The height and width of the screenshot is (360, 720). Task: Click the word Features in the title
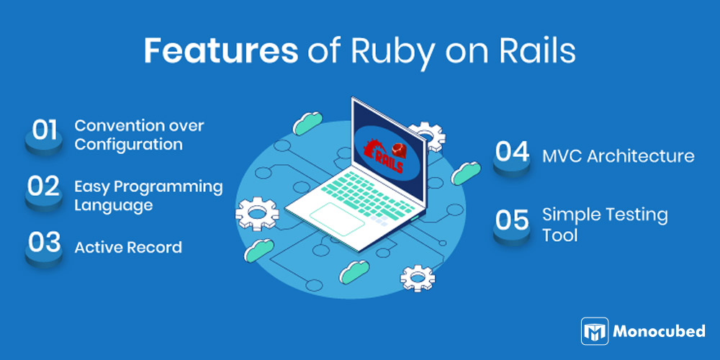click(221, 50)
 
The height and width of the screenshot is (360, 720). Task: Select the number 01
click(44, 130)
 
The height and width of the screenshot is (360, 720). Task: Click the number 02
click(44, 186)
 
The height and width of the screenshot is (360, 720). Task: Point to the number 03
click(44, 243)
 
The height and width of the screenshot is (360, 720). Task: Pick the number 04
click(512, 152)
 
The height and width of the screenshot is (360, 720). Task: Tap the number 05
click(512, 220)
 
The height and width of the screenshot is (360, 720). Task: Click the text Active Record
click(128, 248)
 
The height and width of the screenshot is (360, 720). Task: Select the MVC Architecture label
click(618, 156)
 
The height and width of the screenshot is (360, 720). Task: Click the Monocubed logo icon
click(595, 331)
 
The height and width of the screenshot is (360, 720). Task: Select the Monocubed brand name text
click(659, 331)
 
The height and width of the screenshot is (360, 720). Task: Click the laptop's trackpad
click(337, 218)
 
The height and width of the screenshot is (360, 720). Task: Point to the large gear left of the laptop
click(257, 214)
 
